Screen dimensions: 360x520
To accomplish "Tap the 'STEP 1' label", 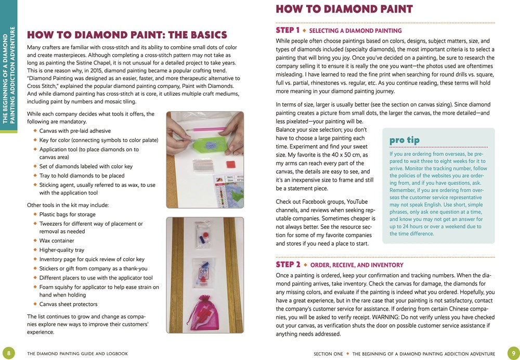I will point(288,30).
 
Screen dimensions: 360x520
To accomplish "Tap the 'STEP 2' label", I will point(288,264).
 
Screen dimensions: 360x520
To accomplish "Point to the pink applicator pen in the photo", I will point(209,126).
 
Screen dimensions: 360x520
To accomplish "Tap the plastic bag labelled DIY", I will point(203,274).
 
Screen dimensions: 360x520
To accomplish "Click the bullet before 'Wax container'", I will point(35,241).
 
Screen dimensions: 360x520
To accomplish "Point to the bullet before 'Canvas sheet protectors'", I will point(35,304).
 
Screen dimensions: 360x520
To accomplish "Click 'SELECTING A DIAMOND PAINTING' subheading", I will point(359,31).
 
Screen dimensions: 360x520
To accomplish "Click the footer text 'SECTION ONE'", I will point(329,354).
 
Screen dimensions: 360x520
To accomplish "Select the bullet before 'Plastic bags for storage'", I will point(35,214).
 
